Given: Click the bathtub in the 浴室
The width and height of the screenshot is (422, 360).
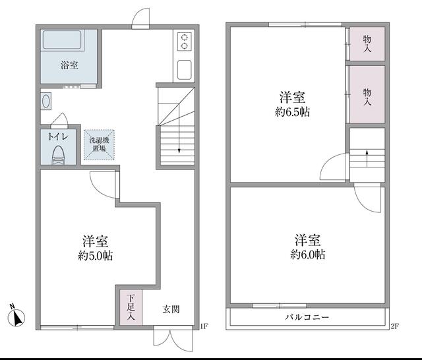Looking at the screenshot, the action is coord(62,40).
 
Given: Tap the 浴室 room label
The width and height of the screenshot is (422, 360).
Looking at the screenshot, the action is coord(69,65).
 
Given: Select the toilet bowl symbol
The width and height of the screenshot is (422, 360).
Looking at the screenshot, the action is coord(58,155).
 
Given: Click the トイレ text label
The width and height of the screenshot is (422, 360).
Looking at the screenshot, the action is coord(58,136).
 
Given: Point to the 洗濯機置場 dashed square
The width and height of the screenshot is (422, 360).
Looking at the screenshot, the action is coord(99,144).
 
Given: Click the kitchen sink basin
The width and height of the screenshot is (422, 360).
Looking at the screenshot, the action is coord(185,70).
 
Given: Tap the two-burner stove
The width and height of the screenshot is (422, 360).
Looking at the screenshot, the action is coord(185,41).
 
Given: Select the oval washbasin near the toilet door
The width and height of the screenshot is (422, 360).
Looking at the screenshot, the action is coord(46,101).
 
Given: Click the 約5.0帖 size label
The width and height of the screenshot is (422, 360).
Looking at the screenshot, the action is coord(96,256).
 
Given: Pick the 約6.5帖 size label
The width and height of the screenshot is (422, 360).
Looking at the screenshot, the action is coord(292,111).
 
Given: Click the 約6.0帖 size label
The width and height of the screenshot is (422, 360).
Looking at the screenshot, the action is coord(308,255).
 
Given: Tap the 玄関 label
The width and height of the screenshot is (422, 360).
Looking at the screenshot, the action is coord(171,310).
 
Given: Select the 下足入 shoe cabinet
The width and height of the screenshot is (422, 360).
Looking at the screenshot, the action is coord(131,307).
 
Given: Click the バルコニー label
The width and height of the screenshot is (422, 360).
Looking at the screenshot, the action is coord(307,317).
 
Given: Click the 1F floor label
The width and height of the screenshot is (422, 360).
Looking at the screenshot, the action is coord(204,326).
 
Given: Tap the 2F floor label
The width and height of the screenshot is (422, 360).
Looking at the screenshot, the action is coord(394,326).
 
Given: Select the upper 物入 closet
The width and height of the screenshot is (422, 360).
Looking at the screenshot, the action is coord(367,44).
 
